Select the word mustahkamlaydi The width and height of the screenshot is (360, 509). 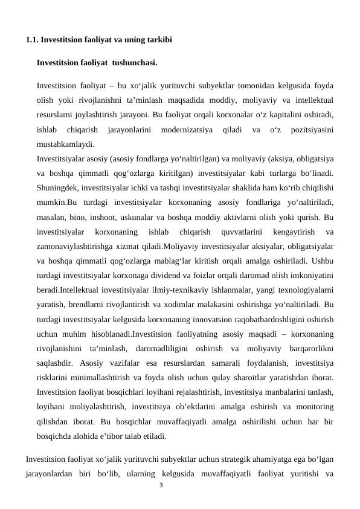point(65,144)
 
